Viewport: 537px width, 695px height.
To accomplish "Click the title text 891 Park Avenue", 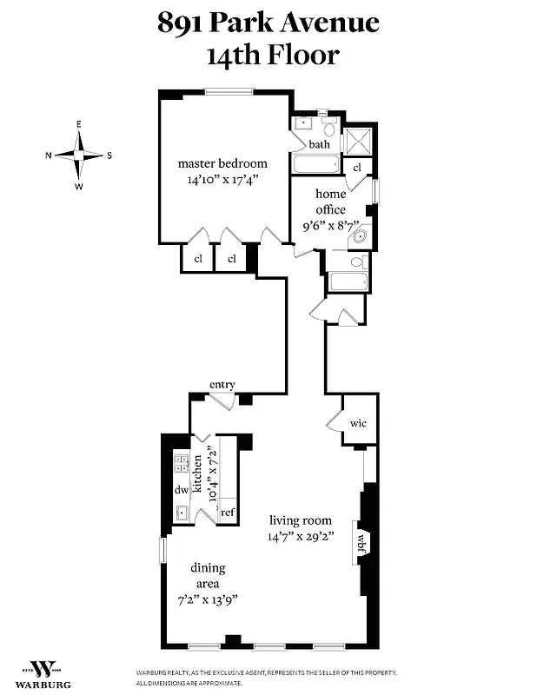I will point(268,23).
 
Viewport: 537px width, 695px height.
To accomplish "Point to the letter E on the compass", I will point(79,124).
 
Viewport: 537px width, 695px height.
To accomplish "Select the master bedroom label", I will point(222,163).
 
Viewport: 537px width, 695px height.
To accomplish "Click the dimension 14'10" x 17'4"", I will point(222,180).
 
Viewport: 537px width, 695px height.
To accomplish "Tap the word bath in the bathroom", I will point(320,144).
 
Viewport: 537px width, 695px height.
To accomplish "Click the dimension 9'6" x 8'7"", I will point(330,225).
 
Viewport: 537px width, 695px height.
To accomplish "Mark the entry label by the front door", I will point(222,385).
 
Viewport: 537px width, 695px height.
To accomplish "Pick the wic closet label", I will point(358,423).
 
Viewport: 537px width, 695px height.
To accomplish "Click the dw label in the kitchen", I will point(182,490).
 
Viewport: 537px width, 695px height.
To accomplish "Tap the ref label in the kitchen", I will point(228,513).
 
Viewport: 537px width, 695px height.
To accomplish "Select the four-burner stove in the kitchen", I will point(182,463).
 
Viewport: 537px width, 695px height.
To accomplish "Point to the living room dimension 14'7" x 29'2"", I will point(300,537).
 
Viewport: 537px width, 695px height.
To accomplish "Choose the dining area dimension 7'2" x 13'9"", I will point(207,599).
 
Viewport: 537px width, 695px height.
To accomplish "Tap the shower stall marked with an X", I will point(358,141).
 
